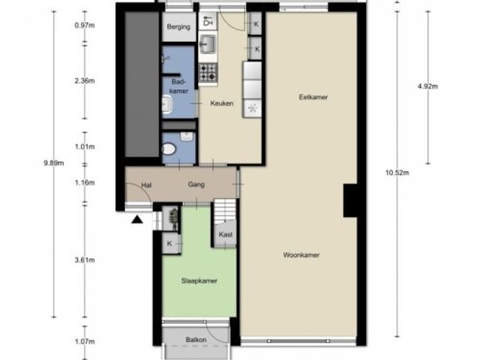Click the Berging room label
(x=178, y=27)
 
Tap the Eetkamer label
(x=313, y=97)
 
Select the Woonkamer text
(x=301, y=255)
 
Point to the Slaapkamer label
(x=199, y=280)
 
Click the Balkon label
(x=196, y=340)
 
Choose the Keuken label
(x=222, y=103)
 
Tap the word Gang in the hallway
(x=196, y=184)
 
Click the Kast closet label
(x=226, y=235)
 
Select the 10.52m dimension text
(x=397, y=172)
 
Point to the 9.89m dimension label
(x=54, y=163)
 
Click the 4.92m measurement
(x=427, y=86)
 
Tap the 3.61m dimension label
(x=85, y=260)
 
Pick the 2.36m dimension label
(x=85, y=81)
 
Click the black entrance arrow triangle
(x=137, y=220)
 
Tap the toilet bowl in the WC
(x=169, y=149)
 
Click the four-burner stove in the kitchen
(x=208, y=72)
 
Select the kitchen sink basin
(x=208, y=43)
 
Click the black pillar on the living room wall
(x=350, y=200)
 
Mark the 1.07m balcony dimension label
(x=85, y=341)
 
